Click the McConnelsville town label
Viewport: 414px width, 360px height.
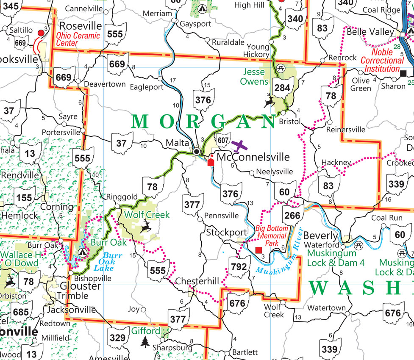click(x=253, y=157)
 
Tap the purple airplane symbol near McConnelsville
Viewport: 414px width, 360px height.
click(x=240, y=146)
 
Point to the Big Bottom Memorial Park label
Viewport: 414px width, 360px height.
click(x=272, y=235)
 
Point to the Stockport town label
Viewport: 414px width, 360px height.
click(x=226, y=233)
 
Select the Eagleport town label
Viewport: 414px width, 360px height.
click(x=141, y=87)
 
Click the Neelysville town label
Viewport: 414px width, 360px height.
click(x=275, y=172)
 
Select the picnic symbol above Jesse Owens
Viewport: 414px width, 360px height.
click(x=280, y=68)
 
